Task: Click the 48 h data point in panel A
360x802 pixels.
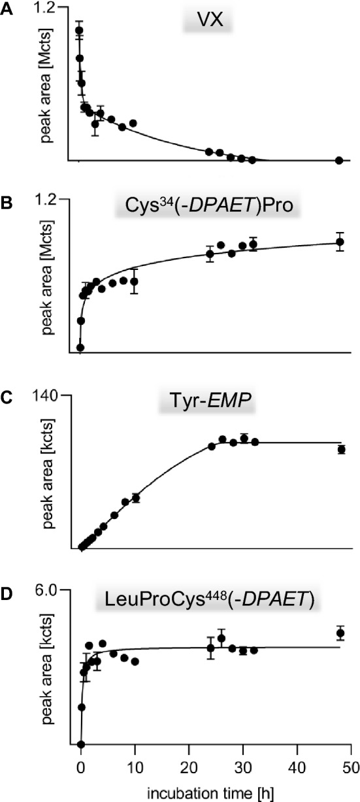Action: point(339,161)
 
